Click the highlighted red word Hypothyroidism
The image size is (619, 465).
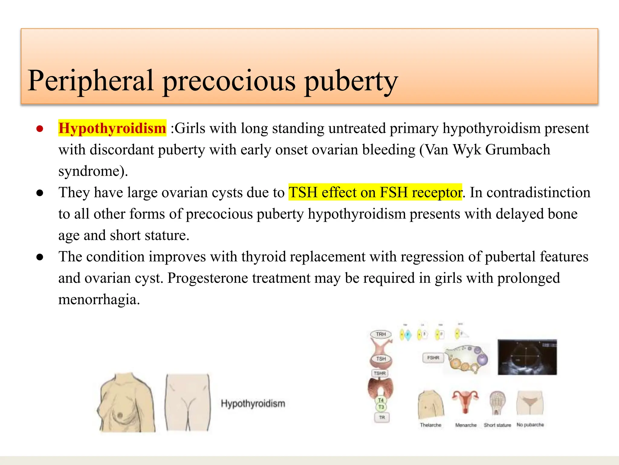point(112,128)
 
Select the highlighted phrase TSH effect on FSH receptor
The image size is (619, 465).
point(375,192)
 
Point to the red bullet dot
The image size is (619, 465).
point(40,129)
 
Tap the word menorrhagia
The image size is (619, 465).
point(99,299)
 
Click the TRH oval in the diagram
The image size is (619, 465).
point(381,334)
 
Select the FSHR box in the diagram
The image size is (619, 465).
point(433,358)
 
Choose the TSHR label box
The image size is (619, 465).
point(380,373)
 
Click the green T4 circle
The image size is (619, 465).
point(381,400)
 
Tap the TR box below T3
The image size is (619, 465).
point(382,417)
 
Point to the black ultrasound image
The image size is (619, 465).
point(527,357)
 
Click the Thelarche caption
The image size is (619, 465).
point(430,425)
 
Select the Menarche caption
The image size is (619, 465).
point(466,425)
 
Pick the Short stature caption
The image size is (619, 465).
point(497,425)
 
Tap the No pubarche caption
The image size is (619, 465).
point(530,425)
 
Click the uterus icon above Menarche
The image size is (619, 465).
point(465,401)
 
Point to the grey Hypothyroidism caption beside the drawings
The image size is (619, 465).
point(253,404)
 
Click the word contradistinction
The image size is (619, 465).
point(530,192)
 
